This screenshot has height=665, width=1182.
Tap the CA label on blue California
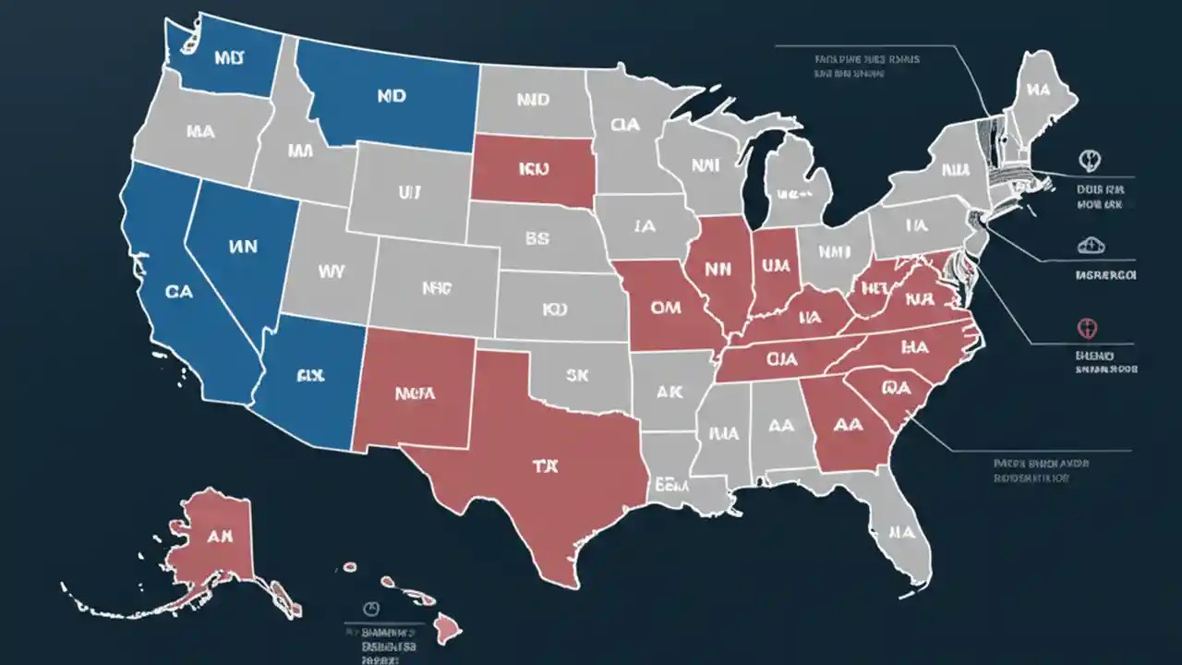179,291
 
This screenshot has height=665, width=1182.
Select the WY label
331,272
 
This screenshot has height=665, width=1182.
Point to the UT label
409,193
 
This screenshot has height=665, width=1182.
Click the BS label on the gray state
537,238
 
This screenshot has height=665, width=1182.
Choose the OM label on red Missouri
665,308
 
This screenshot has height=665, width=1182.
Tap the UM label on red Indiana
772,266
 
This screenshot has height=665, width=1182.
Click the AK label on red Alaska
219,536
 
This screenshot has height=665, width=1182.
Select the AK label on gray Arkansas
669,391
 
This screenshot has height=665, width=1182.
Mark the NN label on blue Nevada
242,247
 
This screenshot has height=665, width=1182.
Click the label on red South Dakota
534,170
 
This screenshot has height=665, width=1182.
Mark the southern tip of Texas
561,582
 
